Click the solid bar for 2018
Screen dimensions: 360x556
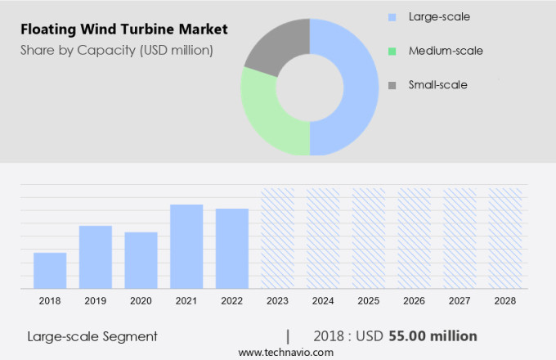pyautogui.click(x=50, y=270)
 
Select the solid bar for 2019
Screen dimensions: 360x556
pyautogui.click(x=96, y=257)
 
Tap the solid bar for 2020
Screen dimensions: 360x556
pyautogui.click(x=141, y=260)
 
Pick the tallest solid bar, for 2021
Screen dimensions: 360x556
pyautogui.click(x=186, y=246)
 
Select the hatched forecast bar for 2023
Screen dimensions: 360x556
pyautogui.click(x=277, y=238)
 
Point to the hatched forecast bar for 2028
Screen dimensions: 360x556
pyautogui.click(x=505, y=238)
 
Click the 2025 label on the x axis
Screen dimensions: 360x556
pyautogui.click(x=369, y=301)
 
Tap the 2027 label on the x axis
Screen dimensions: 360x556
pyautogui.click(x=460, y=301)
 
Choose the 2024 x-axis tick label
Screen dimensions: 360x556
pyautogui.click(x=323, y=301)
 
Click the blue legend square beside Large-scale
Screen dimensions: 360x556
pyautogui.click(x=392, y=17)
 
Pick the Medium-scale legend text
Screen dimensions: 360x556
pyautogui.click(x=446, y=51)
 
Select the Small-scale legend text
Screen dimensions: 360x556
pyautogui.click(x=437, y=84)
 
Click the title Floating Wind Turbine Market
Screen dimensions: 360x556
pyautogui.click(x=124, y=30)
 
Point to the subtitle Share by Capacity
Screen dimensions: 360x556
pyautogui.click(x=117, y=51)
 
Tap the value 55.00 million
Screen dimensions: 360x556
pyautogui.click(x=433, y=336)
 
